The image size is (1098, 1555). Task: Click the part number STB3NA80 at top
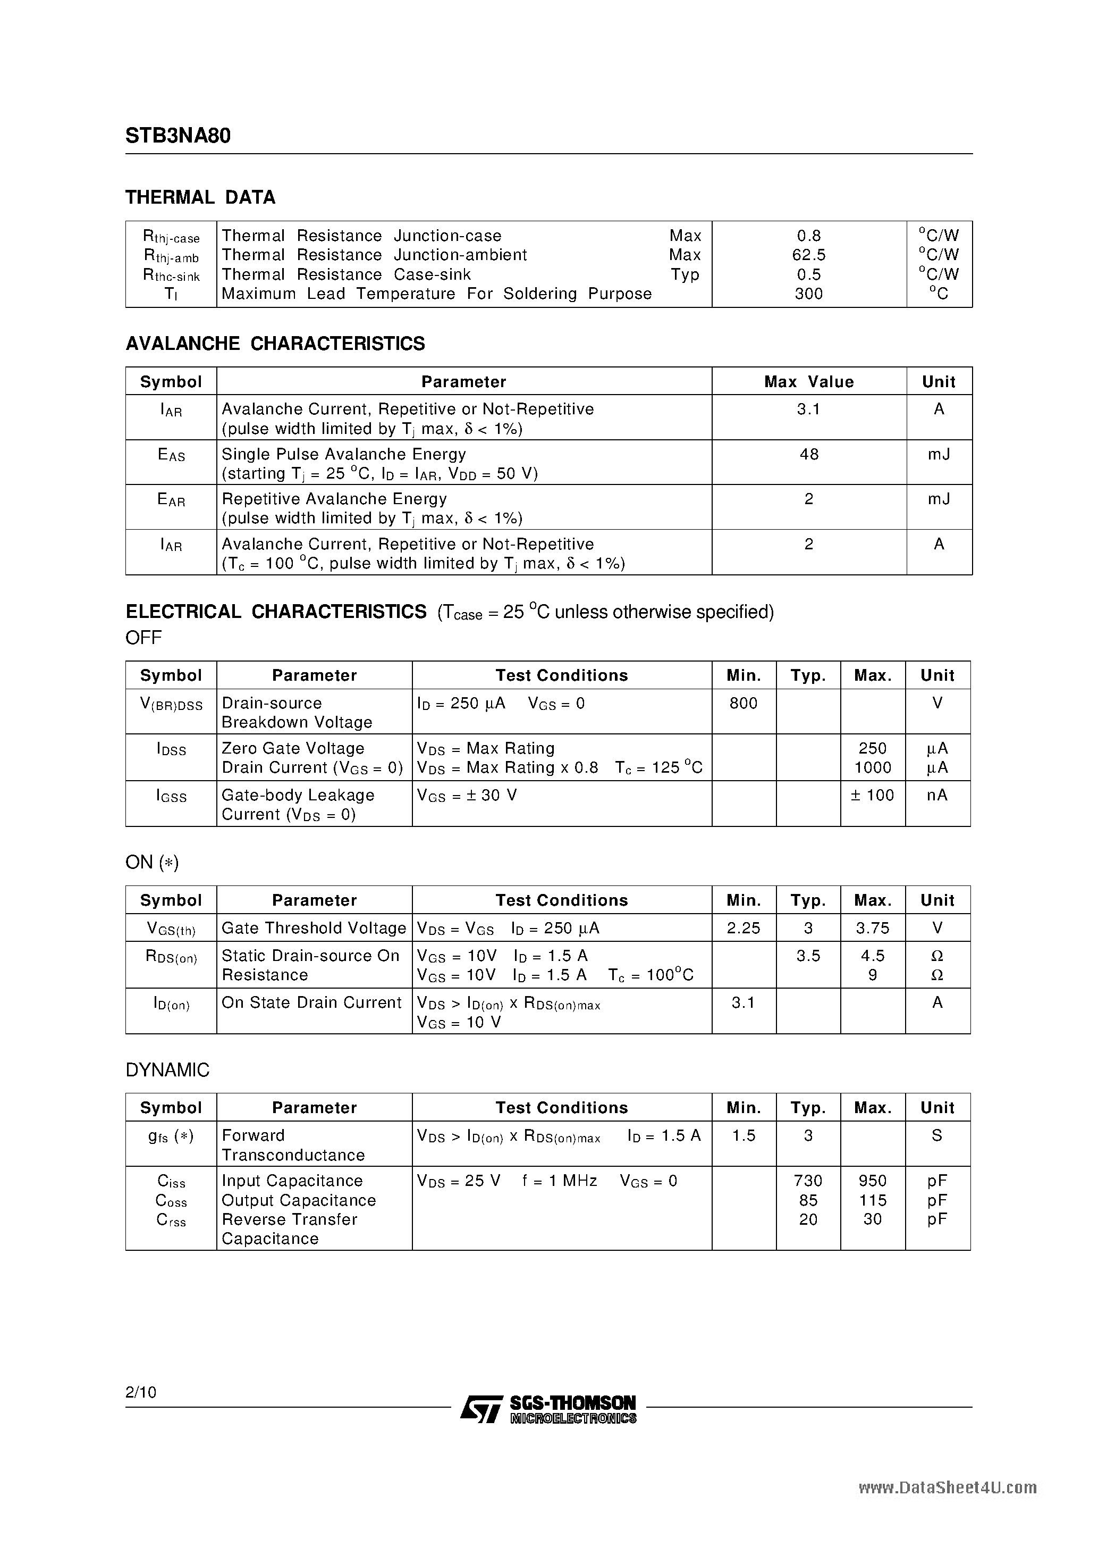(178, 136)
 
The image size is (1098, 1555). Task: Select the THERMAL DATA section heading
(200, 198)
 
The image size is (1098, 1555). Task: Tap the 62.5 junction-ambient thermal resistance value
(808, 255)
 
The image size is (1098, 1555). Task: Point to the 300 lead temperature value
(808, 294)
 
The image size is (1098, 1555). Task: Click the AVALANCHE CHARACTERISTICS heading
(275, 344)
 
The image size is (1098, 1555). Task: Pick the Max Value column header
(808, 382)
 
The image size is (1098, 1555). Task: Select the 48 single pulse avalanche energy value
(808, 455)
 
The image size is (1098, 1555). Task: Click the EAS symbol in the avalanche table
(171, 456)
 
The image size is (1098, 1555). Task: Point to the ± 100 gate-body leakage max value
(872, 795)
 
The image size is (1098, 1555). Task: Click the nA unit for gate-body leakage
(937, 795)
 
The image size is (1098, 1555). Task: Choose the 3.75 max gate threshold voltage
(872, 929)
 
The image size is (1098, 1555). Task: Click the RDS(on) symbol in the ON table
(171, 957)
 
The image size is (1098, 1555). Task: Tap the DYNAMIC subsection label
(167, 1070)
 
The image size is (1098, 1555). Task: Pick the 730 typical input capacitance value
(808, 1181)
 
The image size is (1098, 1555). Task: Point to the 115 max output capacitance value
(872, 1201)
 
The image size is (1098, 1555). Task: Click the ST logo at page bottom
(480, 1409)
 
